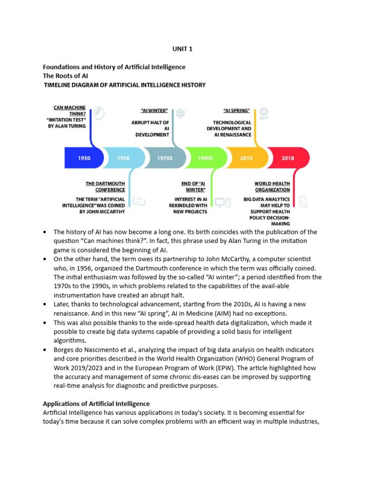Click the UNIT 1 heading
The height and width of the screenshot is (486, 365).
pyautogui.click(x=182, y=49)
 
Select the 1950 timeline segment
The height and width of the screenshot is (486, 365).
pyautogui.click(x=84, y=158)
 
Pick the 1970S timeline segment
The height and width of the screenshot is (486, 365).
pyautogui.click(x=164, y=158)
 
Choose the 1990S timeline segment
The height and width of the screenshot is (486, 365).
pyautogui.click(x=205, y=158)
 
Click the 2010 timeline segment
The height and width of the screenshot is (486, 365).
pyautogui.click(x=246, y=158)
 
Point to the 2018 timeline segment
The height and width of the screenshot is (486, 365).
pyautogui.click(x=288, y=158)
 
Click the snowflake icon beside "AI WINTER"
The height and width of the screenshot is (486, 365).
pyautogui.click(x=181, y=113)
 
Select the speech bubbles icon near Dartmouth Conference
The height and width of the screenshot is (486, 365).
pyautogui.click(x=139, y=202)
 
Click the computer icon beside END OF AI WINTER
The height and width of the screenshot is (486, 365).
pyautogui.click(x=222, y=202)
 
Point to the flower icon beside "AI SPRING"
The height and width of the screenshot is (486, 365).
pyautogui.click(x=264, y=113)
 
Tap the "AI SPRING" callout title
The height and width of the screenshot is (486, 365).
pyautogui.click(x=237, y=111)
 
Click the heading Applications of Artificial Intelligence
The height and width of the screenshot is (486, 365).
pyautogui.click(x=96, y=404)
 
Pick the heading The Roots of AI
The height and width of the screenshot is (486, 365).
pyautogui.click(x=66, y=76)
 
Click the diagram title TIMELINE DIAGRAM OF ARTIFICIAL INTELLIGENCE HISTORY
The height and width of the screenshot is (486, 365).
pyautogui.click(x=125, y=85)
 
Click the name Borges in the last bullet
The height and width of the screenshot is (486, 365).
pyautogui.click(x=65, y=350)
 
